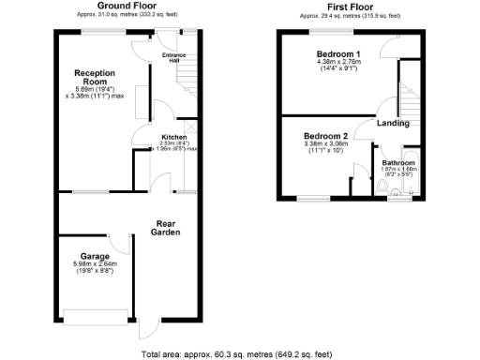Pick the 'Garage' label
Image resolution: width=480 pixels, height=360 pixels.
click(95, 256)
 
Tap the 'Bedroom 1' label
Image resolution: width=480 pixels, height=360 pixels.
click(339, 53)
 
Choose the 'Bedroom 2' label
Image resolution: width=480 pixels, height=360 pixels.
click(326, 136)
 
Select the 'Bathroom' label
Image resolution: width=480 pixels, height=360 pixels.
click(397, 162)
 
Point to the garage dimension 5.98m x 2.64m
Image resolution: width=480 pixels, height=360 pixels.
click(95, 263)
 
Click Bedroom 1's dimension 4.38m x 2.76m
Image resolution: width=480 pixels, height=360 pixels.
click(339, 62)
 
